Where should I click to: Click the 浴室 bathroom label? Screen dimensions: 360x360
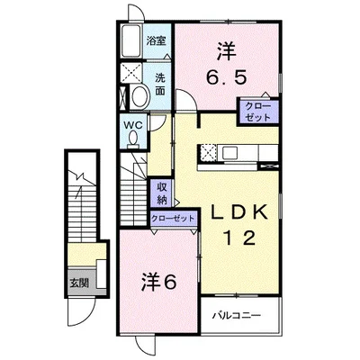coord(157,41)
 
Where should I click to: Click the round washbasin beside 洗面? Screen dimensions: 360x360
coord(141,96)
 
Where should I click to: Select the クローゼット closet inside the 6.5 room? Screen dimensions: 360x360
coord(257,112)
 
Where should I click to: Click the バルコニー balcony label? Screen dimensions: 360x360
coord(237,316)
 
